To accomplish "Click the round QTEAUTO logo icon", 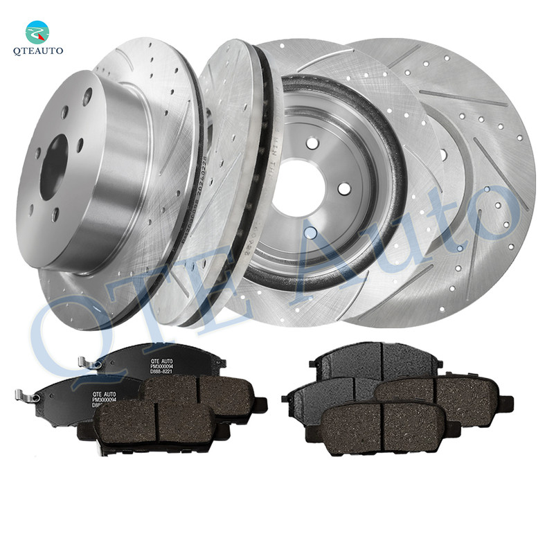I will pyautogui.click(x=37, y=32).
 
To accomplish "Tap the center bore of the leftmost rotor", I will pyautogui.click(x=53, y=167).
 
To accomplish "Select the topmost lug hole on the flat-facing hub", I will pyautogui.click(x=313, y=143).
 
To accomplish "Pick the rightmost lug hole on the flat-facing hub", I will pyautogui.click(x=344, y=188).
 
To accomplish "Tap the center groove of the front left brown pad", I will pyautogui.click(x=157, y=422).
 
